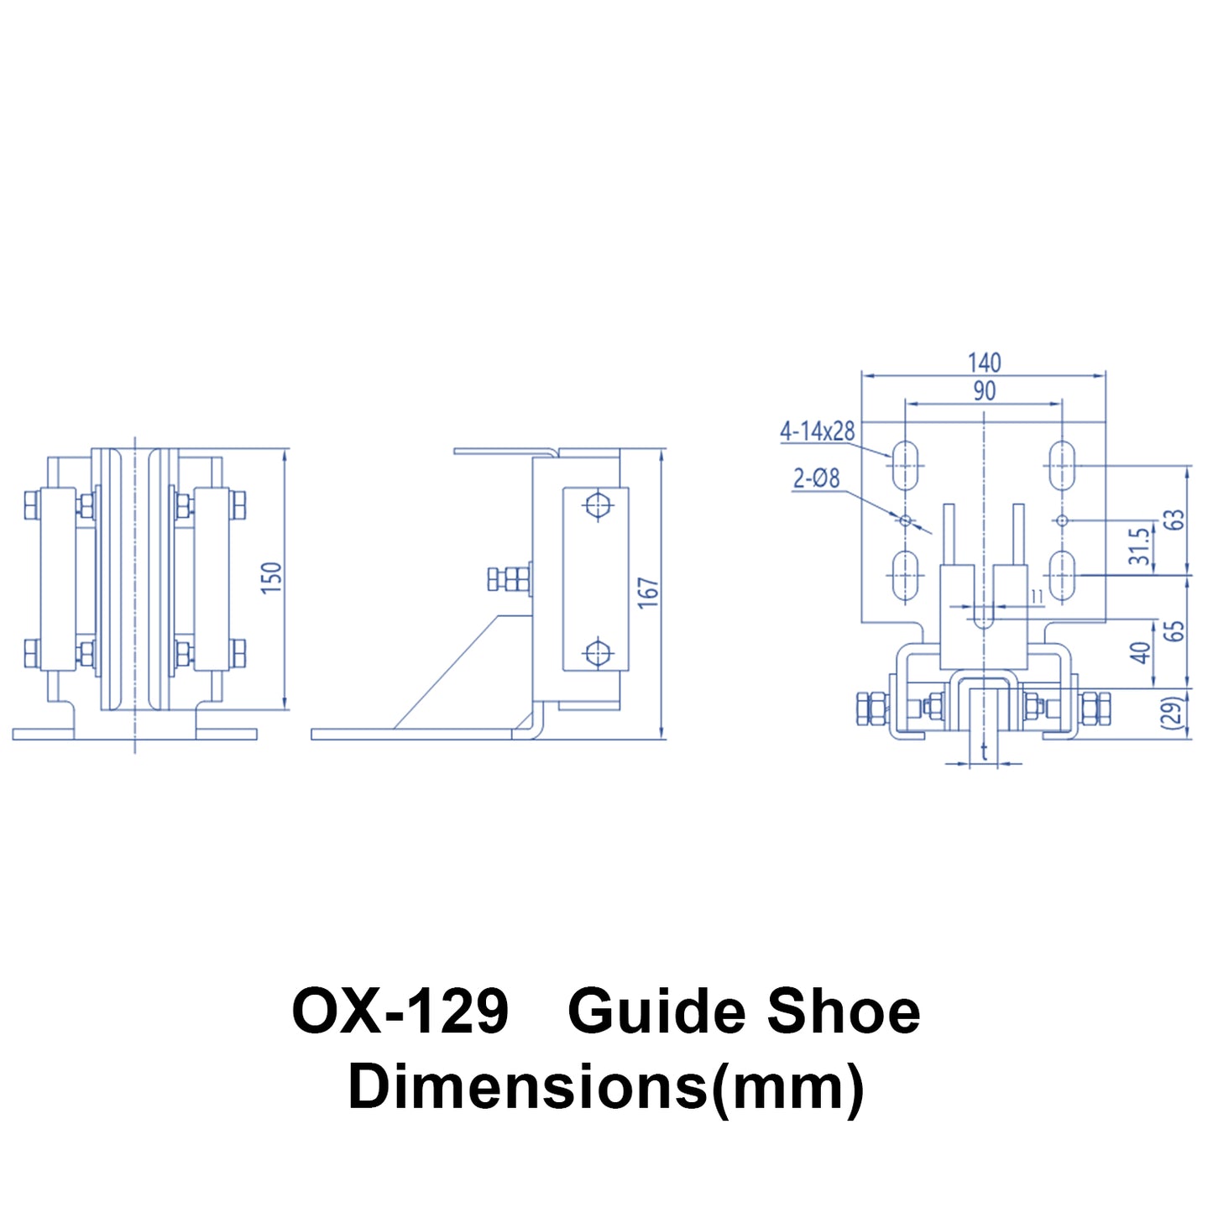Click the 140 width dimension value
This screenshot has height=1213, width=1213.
[x=984, y=363]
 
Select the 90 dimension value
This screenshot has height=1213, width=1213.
[x=984, y=390]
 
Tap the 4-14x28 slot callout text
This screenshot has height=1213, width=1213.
[x=817, y=431]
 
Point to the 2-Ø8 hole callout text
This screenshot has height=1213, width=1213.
[x=816, y=478]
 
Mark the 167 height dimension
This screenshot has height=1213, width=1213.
[x=648, y=593]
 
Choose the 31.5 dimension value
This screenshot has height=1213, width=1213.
[x=1139, y=546]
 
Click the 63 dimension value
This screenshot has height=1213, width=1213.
[x=1177, y=520]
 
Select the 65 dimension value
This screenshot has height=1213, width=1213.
[x=1177, y=631]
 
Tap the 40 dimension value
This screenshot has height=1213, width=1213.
[x=1140, y=652]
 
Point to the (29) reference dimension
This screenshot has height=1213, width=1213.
[x=1176, y=712]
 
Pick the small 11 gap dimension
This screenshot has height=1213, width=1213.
[x=1037, y=596]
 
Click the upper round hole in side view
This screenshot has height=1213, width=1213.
[x=597, y=505]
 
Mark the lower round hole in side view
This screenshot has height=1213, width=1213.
[x=597, y=652]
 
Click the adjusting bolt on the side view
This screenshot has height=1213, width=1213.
[x=509, y=579]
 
